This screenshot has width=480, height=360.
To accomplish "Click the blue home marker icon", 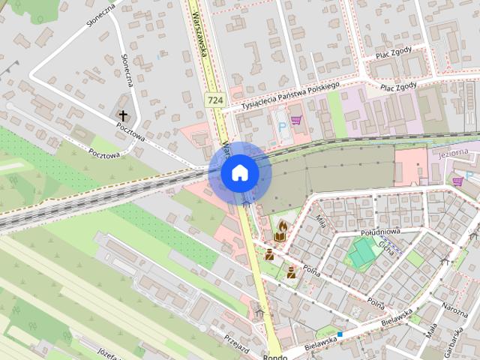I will coord(239,172).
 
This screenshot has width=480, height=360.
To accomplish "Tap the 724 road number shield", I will coord(215,100).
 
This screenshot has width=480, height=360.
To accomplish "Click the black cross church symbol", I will coord(123,115).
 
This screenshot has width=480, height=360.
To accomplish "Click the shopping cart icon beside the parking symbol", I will coord(296,119).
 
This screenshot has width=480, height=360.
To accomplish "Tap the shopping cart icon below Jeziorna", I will coord(457,181).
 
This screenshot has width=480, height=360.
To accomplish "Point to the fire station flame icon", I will coord(283,224).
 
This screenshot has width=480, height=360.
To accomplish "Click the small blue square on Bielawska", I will coord(340,334).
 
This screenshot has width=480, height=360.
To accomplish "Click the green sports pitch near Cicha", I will coord(363,252).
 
